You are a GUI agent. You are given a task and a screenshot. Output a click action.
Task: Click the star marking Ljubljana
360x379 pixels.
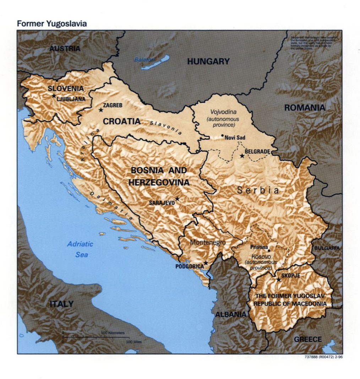coord(54,96)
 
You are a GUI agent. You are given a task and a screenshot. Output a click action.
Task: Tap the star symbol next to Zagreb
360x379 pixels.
coord(101,110)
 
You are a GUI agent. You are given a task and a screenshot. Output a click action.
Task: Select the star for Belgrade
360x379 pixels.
coord(242,156)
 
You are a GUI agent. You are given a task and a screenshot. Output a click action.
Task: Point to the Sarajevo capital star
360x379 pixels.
coord(177,199)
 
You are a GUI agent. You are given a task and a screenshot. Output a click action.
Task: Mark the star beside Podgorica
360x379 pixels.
coord(206,263)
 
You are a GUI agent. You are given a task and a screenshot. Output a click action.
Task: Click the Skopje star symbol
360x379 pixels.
coord(279,280)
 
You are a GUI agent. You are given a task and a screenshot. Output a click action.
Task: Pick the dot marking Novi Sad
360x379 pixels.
coord(222,135)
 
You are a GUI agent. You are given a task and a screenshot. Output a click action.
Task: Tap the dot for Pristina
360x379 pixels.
coord(269,251)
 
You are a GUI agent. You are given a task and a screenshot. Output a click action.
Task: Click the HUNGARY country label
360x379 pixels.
coord(208,61)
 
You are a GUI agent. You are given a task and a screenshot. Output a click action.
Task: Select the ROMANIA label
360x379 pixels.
coord(305,108)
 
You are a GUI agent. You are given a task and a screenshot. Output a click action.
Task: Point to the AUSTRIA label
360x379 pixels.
coord(65,49)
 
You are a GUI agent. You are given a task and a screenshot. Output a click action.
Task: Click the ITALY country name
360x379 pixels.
coord(61,304)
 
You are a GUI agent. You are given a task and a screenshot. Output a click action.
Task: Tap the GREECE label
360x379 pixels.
coord(308,339)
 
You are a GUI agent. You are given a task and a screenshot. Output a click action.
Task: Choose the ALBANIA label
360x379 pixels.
coord(230,314)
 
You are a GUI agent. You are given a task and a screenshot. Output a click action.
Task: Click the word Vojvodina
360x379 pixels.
coord(223,111)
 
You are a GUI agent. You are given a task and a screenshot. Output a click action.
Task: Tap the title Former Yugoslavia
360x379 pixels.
coord(52,24)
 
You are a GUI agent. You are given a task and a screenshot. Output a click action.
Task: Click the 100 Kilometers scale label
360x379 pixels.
coord(113,333)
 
